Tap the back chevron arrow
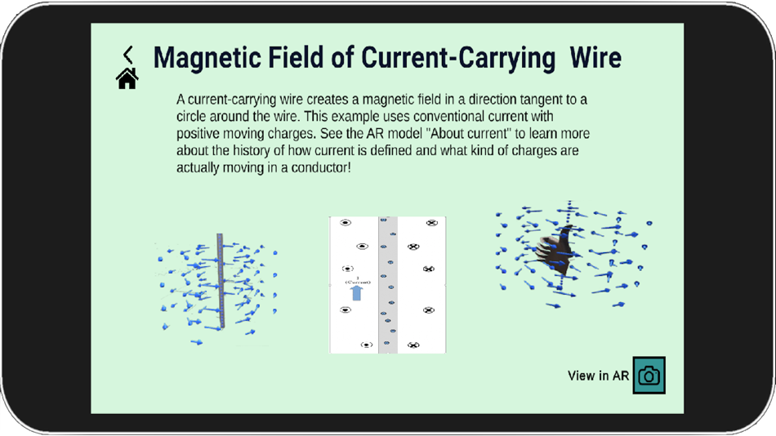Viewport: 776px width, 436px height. [128, 55]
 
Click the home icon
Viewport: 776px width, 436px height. [127, 78]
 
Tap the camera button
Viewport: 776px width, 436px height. [649, 376]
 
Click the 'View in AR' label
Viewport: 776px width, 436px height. [598, 376]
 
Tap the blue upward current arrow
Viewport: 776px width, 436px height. [356, 292]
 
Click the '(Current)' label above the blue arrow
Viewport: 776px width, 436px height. [356, 282]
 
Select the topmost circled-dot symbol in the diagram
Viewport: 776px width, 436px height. [346, 223]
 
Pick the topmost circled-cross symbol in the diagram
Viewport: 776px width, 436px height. [432, 223]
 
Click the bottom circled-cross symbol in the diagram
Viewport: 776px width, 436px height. [413, 345]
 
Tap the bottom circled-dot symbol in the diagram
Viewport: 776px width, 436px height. [367, 345]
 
